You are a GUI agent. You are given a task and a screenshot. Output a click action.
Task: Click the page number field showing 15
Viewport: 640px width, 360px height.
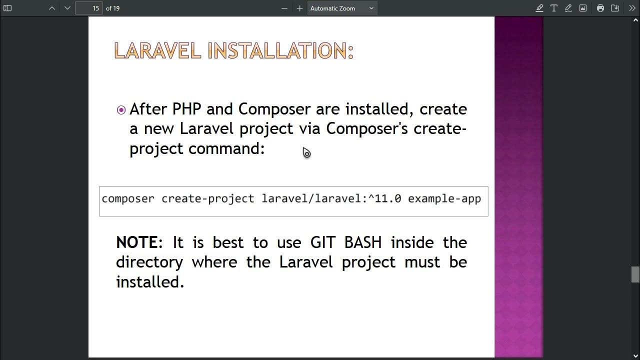[89, 8]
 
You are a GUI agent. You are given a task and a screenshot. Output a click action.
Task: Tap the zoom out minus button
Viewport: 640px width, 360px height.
[284, 8]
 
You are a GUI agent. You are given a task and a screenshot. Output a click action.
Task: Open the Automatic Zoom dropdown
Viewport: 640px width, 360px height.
[342, 8]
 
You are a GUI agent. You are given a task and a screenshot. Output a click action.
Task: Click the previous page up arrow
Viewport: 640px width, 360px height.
[52, 8]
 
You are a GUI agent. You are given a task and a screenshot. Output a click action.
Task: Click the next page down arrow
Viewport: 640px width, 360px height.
[67, 8]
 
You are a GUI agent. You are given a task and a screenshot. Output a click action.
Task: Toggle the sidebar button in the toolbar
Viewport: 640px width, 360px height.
[7, 8]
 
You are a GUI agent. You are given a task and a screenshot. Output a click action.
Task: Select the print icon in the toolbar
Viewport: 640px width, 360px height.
[600, 8]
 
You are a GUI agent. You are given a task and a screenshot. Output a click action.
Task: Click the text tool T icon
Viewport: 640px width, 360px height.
[554, 8]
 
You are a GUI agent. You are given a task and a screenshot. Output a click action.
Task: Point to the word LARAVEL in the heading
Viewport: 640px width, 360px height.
[157, 51]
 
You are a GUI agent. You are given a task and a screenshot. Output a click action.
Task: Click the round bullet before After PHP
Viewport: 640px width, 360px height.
[121, 110]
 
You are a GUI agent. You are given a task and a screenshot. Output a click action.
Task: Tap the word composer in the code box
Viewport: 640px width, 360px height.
[128, 199]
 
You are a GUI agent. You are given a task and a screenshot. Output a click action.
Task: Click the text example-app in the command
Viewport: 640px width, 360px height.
[444, 199]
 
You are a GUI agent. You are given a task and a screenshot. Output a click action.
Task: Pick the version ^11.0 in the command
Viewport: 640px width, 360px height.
[384, 199]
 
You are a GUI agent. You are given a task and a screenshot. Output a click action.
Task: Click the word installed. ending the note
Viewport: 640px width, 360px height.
[150, 282]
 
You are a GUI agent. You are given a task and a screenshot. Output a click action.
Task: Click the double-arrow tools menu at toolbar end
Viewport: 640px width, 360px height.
[632, 8]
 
